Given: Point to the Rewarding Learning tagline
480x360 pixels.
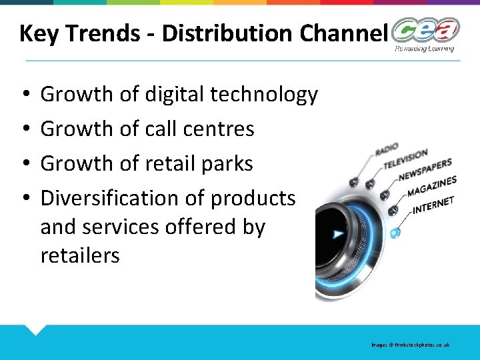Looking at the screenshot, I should (424, 49).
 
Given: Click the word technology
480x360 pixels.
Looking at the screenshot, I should (264, 95).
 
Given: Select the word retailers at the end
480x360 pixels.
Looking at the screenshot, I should (80, 255).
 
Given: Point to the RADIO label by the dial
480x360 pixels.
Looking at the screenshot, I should (387, 149).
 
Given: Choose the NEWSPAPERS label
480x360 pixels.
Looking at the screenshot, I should (425, 170).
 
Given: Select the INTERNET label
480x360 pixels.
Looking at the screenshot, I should (433, 205).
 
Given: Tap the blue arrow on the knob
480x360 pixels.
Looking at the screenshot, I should (339, 234).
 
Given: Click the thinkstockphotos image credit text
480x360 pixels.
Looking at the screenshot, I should (411, 345).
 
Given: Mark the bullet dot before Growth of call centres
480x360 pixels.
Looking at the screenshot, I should (24, 129).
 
